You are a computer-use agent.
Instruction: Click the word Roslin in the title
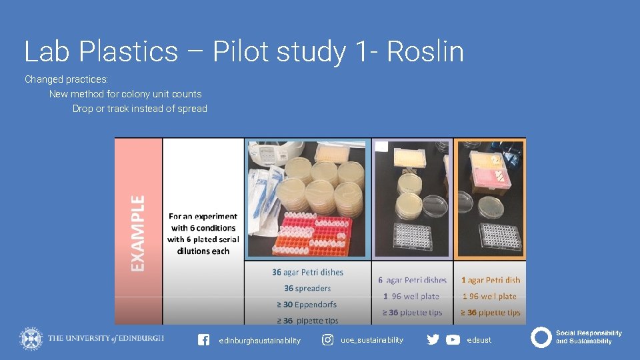425,52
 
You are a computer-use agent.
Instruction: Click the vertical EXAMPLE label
137,233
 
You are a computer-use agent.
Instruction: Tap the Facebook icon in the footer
204,340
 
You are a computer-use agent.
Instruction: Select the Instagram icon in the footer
328,340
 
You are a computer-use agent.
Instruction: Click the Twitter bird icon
433,340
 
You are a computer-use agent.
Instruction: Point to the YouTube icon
453,340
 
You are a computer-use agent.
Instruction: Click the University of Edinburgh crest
31,339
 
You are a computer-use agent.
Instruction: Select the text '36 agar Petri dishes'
307,272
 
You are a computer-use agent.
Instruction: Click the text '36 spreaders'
307,288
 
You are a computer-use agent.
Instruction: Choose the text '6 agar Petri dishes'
412,280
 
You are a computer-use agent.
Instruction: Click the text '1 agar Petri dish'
491,280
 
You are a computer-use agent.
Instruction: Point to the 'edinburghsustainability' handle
259,341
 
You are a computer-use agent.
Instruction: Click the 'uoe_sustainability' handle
372,340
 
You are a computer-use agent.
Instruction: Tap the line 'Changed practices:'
67,79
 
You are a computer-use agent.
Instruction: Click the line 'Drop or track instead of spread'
140,109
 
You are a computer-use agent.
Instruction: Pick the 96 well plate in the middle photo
413,235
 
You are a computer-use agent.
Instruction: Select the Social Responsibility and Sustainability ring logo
541,337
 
